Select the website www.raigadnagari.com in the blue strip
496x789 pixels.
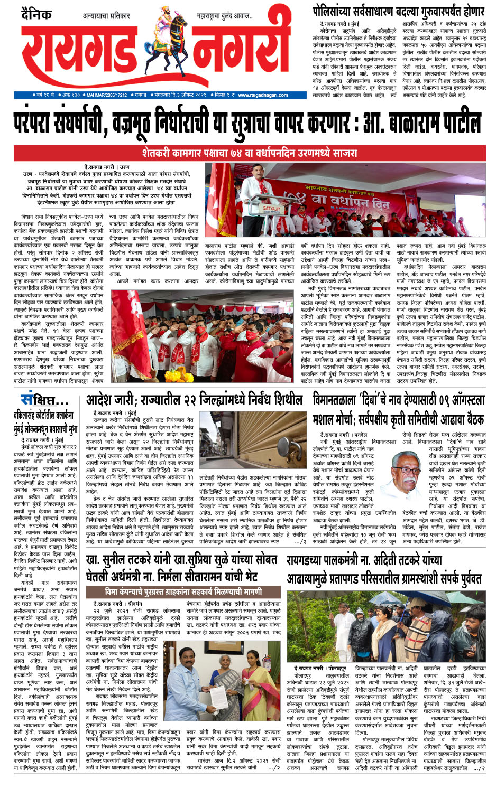click(x=263, y=95)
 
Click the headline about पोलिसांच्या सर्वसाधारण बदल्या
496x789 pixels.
click(x=398, y=11)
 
